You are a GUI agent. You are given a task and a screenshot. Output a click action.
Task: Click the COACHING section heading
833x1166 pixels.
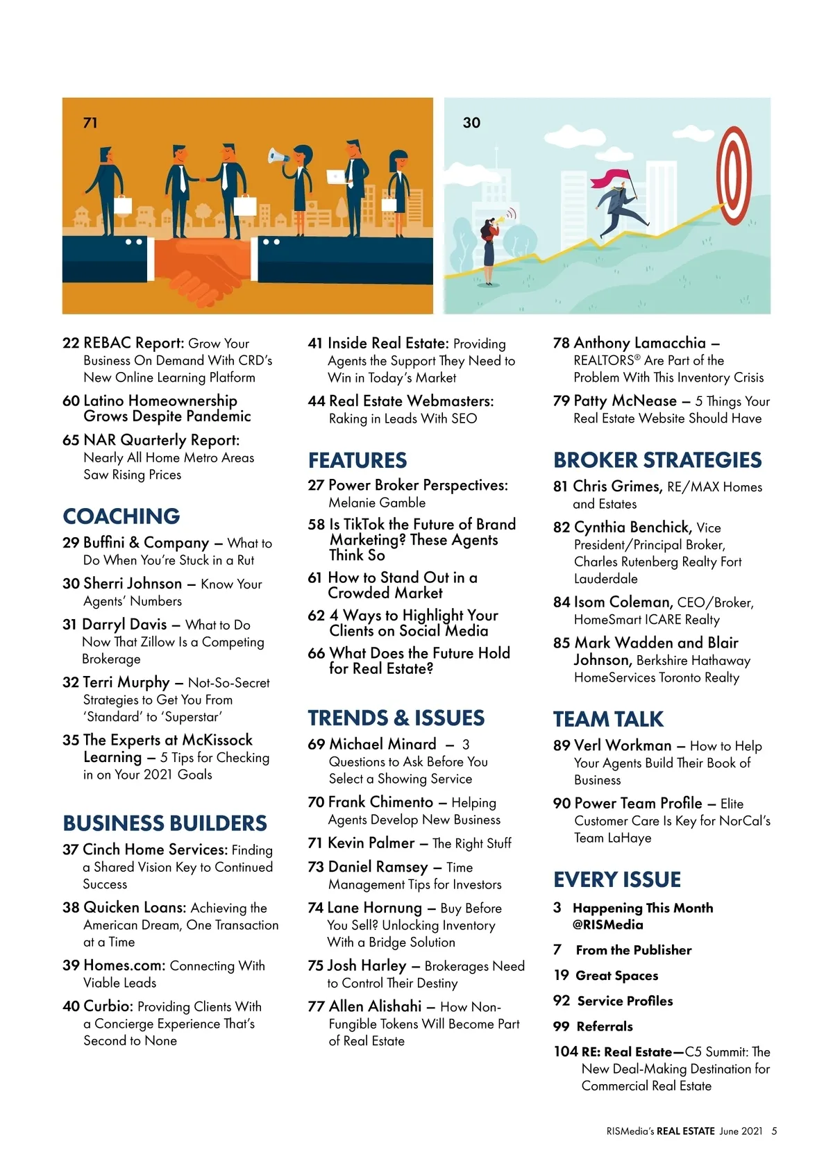pyautogui.click(x=121, y=516)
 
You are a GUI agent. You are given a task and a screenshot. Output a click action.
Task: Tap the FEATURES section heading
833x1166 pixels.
pyautogui.click(x=357, y=460)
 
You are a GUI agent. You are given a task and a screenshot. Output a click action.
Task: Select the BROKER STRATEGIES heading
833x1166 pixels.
pyautogui.click(x=657, y=460)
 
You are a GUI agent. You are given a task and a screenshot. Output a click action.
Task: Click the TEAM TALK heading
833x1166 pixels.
pyautogui.click(x=608, y=719)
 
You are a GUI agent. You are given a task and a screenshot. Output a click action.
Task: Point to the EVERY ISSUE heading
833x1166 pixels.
pyautogui.click(x=617, y=879)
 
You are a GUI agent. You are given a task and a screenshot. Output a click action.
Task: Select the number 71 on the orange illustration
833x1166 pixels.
pyautogui.click(x=90, y=123)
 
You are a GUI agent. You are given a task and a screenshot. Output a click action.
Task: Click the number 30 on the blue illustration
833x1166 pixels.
pyautogui.click(x=471, y=123)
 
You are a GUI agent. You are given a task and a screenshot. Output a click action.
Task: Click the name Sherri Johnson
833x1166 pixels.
pyautogui.click(x=133, y=584)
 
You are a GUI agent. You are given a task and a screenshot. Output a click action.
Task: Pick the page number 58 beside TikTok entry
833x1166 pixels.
pyautogui.click(x=317, y=525)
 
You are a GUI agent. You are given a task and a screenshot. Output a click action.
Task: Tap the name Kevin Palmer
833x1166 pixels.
pyautogui.click(x=371, y=843)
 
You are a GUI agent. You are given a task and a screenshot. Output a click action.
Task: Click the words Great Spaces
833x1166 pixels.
pyautogui.click(x=616, y=975)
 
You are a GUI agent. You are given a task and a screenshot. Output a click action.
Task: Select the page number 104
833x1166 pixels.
pyautogui.click(x=565, y=1051)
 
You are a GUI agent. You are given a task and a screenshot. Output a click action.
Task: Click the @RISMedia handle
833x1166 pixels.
pyautogui.click(x=608, y=924)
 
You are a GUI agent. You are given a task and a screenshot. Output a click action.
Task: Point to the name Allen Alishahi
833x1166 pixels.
pyautogui.click(x=375, y=1006)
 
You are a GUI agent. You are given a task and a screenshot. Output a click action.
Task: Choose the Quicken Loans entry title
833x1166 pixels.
pyautogui.click(x=135, y=907)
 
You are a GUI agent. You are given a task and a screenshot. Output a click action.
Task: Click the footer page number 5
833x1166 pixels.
pyautogui.click(x=775, y=1131)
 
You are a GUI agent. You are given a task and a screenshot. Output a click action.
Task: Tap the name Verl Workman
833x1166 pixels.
pyautogui.click(x=623, y=745)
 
